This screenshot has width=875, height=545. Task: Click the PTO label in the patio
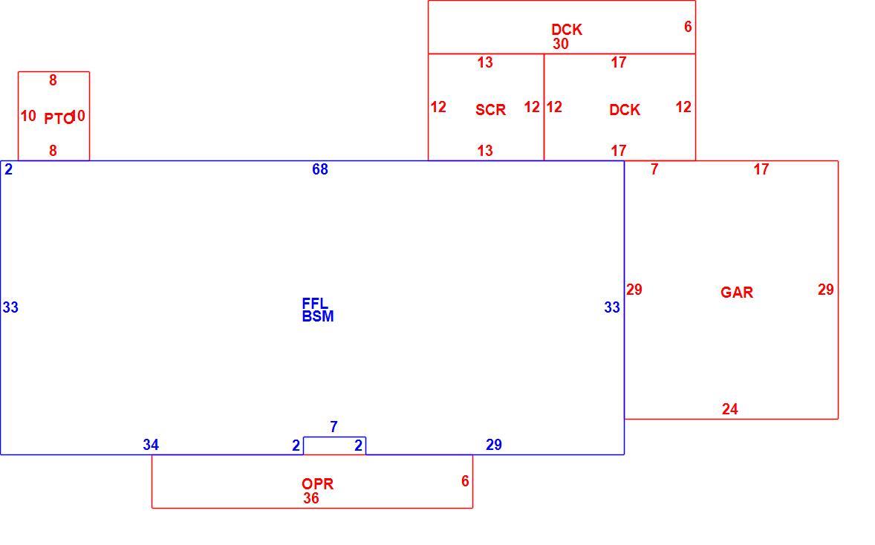pyautogui.click(x=59, y=118)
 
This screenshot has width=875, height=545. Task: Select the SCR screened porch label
pyautogui.click(x=490, y=110)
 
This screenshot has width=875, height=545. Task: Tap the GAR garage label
pyautogui.click(x=737, y=293)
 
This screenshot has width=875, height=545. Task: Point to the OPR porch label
pyautogui.click(x=317, y=483)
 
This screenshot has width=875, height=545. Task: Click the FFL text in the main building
pyautogui.click(x=315, y=304)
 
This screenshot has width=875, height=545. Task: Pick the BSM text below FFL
pyautogui.click(x=317, y=316)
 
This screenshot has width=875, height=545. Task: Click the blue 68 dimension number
pyautogui.click(x=319, y=169)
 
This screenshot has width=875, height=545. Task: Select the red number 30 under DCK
pyautogui.click(x=561, y=44)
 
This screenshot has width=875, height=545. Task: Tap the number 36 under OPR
pyautogui.click(x=310, y=498)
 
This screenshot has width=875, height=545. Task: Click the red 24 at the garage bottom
pyautogui.click(x=729, y=409)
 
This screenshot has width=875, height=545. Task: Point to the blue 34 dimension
pyautogui.click(x=151, y=445)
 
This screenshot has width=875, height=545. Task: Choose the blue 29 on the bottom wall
pyautogui.click(x=494, y=445)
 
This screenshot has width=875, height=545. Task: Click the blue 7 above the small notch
pyautogui.click(x=334, y=427)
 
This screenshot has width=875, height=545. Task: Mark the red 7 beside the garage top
pyautogui.click(x=654, y=169)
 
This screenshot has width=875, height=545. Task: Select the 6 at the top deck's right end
pyautogui.click(x=688, y=26)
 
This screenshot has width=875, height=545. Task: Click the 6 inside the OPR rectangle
pyautogui.click(x=465, y=481)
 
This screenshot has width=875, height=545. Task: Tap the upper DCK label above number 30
pyautogui.click(x=567, y=30)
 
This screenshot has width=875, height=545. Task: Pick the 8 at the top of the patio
pyautogui.click(x=53, y=80)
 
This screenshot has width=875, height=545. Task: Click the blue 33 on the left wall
pyautogui.click(x=10, y=307)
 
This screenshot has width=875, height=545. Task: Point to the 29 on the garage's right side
pyautogui.click(x=826, y=290)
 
